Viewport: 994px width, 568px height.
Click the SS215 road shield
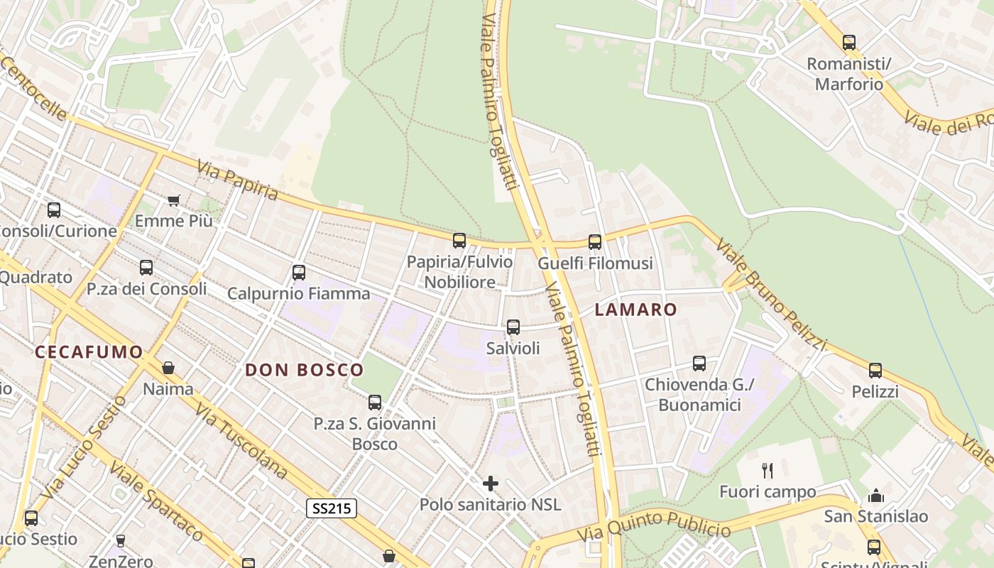[x=332, y=508]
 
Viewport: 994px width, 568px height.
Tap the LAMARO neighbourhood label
[x=635, y=310]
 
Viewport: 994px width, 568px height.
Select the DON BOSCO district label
[x=304, y=370]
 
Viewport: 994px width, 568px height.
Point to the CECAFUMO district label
[x=89, y=351]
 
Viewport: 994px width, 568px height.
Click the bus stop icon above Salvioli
[x=513, y=327]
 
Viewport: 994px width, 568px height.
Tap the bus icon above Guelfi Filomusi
[x=595, y=242]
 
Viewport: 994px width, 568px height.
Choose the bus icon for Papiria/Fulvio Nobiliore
[x=459, y=241]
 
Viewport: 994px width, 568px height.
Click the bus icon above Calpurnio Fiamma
[x=299, y=273]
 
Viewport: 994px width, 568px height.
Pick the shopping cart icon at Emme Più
[x=174, y=200]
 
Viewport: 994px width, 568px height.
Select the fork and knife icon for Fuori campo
[x=768, y=470]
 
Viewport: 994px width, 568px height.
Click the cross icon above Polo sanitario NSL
[x=490, y=484]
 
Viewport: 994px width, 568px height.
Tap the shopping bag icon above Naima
[x=168, y=368]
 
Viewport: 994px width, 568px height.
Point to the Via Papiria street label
[x=237, y=181]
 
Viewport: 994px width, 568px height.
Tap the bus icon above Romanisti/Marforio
[x=849, y=43]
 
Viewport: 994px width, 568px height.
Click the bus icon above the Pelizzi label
[x=875, y=371]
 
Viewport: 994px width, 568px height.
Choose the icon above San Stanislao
[x=876, y=495]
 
